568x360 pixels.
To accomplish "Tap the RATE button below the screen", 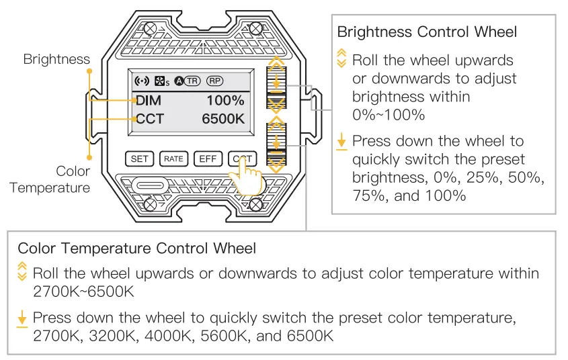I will coord(173,159).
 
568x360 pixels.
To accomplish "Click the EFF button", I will coord(207,159).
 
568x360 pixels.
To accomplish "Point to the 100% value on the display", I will coord(225,101).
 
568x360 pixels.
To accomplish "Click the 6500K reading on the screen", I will coord(222,120).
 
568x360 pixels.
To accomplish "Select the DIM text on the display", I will coord(149,101).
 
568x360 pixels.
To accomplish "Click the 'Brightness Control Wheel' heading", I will coord(427,32).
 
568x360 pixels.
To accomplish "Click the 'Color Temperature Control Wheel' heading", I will coord(137,249).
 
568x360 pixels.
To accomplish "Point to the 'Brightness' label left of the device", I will coord(56,59).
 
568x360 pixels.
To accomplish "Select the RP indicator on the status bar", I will coord(215,81).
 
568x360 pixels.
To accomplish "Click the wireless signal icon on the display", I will coord(142,81).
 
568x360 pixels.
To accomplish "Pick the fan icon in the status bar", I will coord(161,81).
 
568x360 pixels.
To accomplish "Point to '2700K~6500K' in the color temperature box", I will coord(83,292).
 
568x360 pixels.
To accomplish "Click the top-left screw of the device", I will coord(152,28).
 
